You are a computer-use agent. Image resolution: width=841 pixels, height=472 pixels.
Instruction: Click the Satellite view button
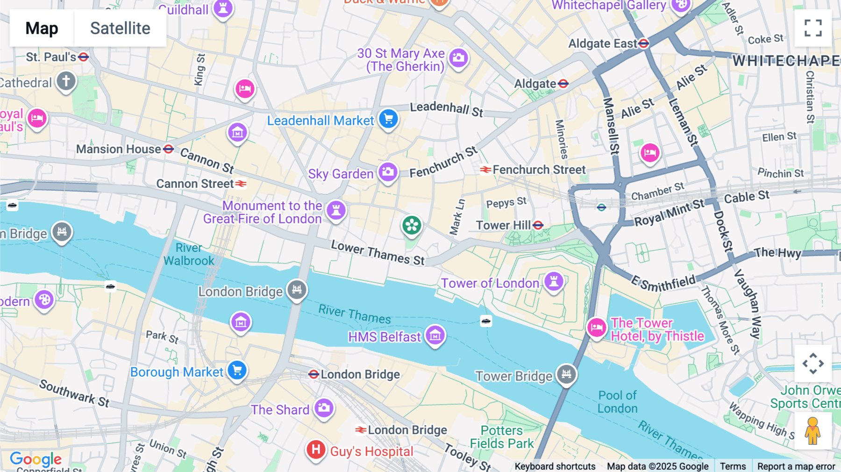pos(120,28)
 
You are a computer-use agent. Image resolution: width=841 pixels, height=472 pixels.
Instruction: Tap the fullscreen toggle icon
pos(813,28)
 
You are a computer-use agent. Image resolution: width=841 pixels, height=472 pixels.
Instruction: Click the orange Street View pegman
pos(813,431)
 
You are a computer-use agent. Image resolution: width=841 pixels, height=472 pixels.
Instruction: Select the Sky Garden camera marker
pos(388,172)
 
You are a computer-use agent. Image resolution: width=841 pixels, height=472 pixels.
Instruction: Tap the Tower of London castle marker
pos(554,281)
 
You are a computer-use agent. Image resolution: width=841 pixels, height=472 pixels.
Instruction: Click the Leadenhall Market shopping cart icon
pos(388,119)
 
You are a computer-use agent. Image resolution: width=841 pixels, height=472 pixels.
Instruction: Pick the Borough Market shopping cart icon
pos(237,370)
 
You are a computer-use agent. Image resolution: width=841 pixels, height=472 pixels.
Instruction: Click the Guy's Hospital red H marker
pos(316,450)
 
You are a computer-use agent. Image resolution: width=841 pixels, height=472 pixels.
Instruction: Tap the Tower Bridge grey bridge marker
pos(566,374)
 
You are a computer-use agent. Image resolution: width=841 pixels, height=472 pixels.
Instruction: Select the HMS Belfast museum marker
pos(435,335)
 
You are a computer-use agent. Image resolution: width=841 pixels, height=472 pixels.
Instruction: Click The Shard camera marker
pos(324,408)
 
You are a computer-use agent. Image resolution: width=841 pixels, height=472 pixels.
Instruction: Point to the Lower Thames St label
pos(378,253)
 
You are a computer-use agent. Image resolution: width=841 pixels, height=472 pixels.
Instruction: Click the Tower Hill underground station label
pos(504,225)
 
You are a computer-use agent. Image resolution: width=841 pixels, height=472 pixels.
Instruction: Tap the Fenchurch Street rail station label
pos(538,170)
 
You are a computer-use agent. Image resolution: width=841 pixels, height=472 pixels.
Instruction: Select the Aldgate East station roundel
pos(644,43)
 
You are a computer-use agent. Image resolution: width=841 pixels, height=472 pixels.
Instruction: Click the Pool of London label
pos(617,402)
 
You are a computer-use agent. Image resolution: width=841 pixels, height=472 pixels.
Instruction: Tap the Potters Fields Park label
pos(502,437)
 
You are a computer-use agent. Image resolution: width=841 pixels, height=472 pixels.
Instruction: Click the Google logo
pos(36,459)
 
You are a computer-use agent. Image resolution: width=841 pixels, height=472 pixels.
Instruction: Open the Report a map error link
pos(796,466)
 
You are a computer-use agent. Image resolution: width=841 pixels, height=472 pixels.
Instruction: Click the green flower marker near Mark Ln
pos(412,226)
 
